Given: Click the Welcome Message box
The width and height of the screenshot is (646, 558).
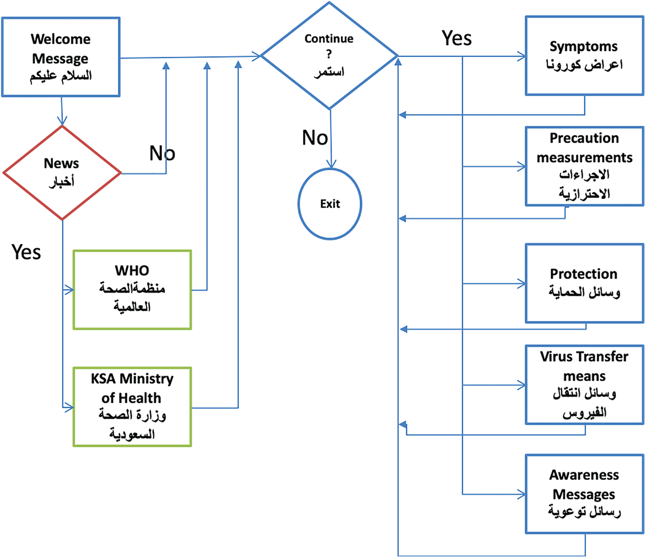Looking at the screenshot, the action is [x=61, y=57].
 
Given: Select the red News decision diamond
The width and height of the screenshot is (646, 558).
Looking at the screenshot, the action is [x=62, y=173].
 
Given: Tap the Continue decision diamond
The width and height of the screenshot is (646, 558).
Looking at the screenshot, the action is [x=329, y=56].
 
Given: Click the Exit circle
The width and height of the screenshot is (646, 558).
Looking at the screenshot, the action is [x=330, y=204].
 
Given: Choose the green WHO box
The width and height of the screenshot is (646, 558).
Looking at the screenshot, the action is [x=132, y=290].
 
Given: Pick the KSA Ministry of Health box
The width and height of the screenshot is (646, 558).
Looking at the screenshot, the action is [x=132, y=407].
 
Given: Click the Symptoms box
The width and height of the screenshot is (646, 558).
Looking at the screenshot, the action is [x=584, y=56].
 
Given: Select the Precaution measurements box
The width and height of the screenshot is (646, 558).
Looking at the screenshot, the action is [x=584, y=166].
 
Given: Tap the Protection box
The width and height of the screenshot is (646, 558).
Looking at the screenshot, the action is [x=584, y=283].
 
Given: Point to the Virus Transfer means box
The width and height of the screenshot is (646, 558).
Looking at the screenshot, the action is [x=584, y=385].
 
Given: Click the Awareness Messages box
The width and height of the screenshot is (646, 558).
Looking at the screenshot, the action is [x=584, y=494].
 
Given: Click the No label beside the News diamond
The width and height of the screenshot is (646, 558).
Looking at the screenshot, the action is [x=162, y=153].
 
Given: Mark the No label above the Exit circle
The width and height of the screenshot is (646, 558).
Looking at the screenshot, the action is [x=315, y=138].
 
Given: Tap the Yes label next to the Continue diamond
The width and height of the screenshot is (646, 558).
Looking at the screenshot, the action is [x=457, y=38].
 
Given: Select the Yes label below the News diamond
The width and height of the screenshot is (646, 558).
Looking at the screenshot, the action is [x=26, y=252].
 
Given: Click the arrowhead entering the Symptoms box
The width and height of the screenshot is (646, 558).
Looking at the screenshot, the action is [x=521, y=57].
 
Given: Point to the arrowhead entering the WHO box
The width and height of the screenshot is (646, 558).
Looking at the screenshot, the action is [x=69, y=290].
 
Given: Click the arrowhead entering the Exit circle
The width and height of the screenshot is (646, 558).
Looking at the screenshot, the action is [x=331, y=164].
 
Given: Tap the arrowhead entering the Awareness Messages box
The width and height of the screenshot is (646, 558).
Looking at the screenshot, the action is [x=521, y=495].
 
